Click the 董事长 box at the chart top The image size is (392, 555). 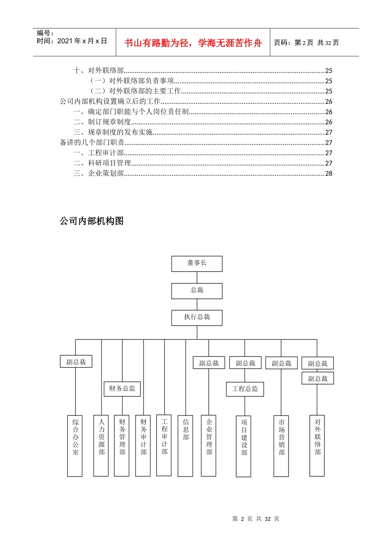[x=197, y=263]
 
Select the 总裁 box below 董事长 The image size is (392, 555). [x=197, y=291]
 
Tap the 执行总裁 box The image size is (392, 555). [x=197, y=318]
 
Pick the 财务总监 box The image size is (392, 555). [x=122, y=389]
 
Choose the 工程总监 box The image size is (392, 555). [x=245, y=389]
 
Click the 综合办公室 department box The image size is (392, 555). [x=75, y=446]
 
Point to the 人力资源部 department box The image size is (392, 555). [x=101, y=446]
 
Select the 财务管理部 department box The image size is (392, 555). [x=122, y=446]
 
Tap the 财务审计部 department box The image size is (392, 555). [x=143, y=446]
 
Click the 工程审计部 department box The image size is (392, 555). [x=164, y=445]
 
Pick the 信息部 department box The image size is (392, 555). [x=185, y=446]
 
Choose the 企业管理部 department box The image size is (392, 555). [x=209, y=446]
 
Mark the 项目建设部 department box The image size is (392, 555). [x=244, y=446]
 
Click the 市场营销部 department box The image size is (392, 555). [x=281, y=446]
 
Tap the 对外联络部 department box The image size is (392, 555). [x=317, y=446]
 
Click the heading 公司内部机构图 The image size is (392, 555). [x=92, y=221]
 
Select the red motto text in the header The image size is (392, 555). [x=193, y=43]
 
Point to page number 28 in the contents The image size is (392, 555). [x=328, y=173]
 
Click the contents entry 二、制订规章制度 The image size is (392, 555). [x=102, y=122]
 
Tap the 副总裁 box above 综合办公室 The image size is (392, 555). [x=76, y=362]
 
